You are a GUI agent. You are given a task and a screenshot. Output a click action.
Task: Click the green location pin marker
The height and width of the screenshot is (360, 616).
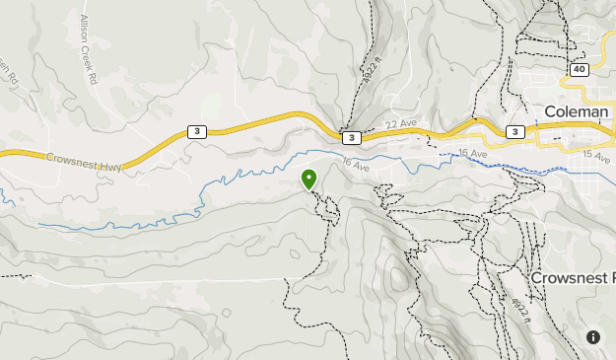tap(308, 179)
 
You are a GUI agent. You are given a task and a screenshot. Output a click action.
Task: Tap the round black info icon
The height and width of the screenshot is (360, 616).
tap(595, 337)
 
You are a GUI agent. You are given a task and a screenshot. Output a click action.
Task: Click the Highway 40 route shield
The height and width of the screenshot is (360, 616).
tap(579, 69)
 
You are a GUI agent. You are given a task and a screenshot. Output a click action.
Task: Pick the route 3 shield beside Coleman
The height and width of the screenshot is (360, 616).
tap(513, 131)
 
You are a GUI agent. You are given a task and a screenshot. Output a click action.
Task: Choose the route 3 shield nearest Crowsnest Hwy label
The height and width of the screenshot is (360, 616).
tap(197, 132)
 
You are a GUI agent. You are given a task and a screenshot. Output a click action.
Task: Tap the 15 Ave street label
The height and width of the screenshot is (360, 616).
tap(596, 156)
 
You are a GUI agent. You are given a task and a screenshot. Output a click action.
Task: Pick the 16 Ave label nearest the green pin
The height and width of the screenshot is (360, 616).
tap(355, 166)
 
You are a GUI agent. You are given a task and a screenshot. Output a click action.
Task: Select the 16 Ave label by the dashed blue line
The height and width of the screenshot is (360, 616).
tap(472, 154)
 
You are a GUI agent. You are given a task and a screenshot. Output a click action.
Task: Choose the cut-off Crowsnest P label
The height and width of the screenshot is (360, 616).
tap(573, 277)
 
